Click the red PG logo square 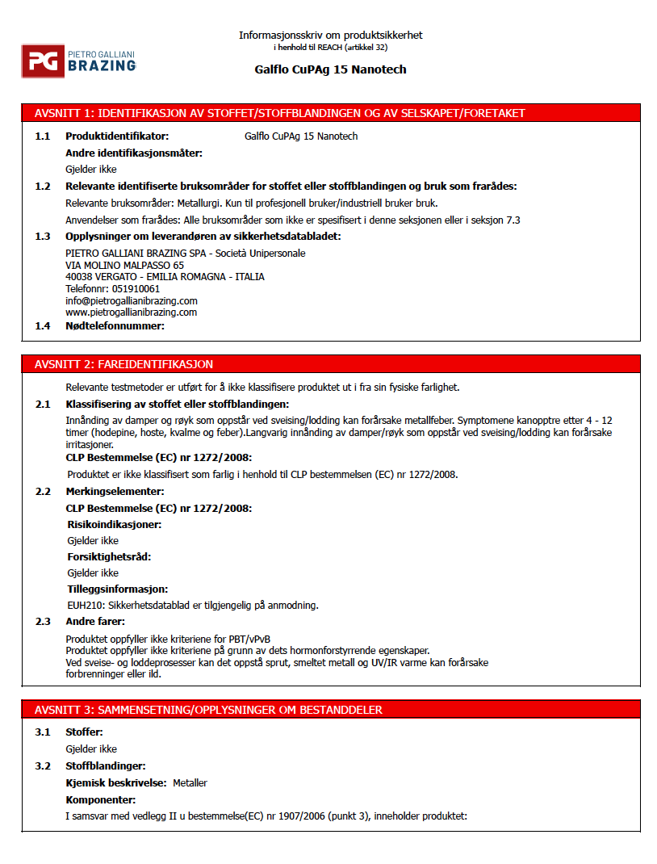43,61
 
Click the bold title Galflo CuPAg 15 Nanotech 330,69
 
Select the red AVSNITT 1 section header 330,112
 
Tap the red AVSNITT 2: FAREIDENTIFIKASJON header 330,364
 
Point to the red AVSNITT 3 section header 330,710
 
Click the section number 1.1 42,136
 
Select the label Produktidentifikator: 117,136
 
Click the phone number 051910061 136,288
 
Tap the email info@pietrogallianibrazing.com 131,300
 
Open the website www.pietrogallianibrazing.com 131,312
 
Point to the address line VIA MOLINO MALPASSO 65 124,265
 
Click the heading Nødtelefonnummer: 115,326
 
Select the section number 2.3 42,622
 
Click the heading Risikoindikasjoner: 114,524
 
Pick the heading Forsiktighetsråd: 109,557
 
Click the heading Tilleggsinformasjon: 117,589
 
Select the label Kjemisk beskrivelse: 116,783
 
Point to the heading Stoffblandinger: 105,765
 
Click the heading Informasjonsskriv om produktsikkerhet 330,36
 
